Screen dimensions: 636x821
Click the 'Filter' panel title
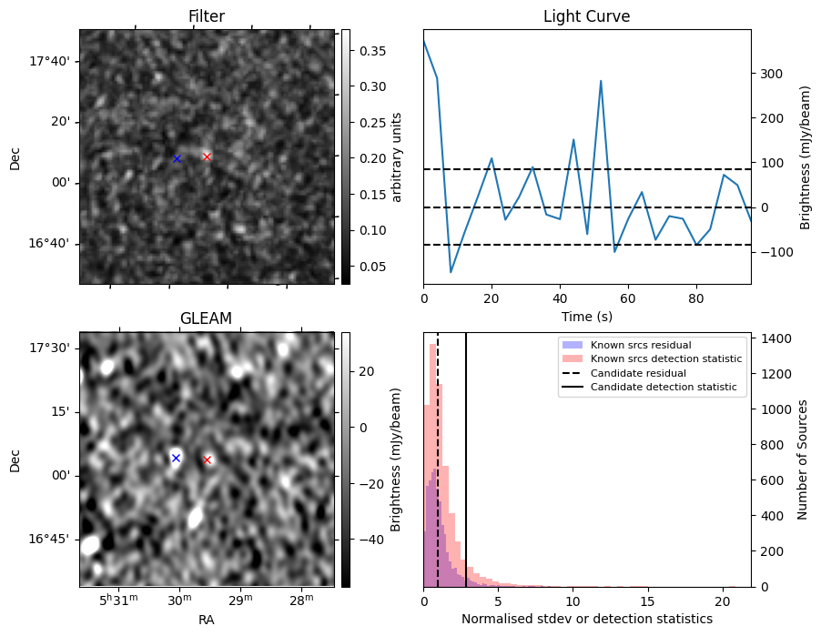207,16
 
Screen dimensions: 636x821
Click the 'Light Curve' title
586,16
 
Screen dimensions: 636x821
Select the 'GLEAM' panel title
207,318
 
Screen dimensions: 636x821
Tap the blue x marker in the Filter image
177,158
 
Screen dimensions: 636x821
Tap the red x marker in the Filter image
207,156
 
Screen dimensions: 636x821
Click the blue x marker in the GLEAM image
176,458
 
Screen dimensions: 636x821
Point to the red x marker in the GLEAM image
208,459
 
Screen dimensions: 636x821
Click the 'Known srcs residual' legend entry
640,346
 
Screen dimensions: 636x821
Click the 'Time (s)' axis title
586,315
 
